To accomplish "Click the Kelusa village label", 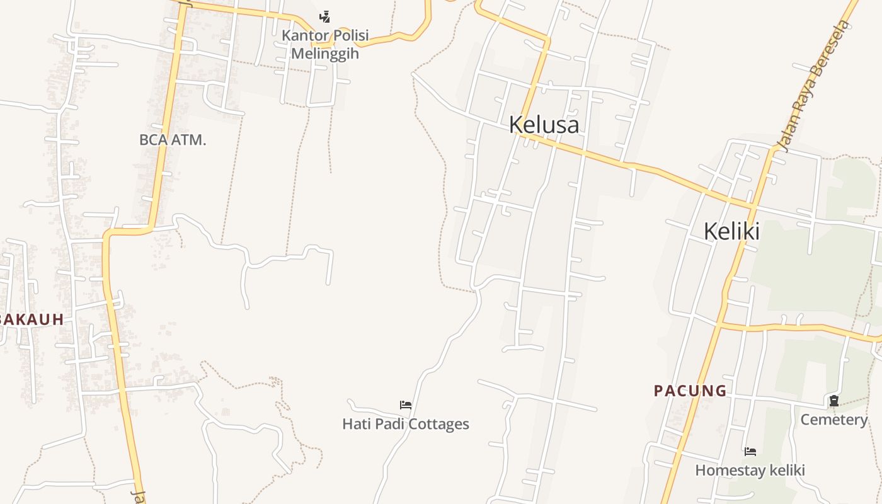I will [544, 125].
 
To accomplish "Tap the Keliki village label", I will [731, 232].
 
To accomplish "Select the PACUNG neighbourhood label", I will [690, 391].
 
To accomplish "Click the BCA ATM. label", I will [172, 140].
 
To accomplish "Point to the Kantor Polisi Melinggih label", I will [325, 44].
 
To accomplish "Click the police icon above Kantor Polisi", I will [324, 17].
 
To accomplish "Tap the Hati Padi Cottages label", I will [405, 424].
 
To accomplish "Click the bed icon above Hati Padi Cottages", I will [406, 404].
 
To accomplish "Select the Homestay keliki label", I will [750, 471].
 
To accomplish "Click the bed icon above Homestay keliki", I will [750, 451].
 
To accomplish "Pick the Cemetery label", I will [833, 420].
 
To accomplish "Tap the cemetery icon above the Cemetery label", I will [833, 401].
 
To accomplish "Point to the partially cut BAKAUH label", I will [31, 319].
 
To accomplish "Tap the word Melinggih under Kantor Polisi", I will [325, 54].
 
